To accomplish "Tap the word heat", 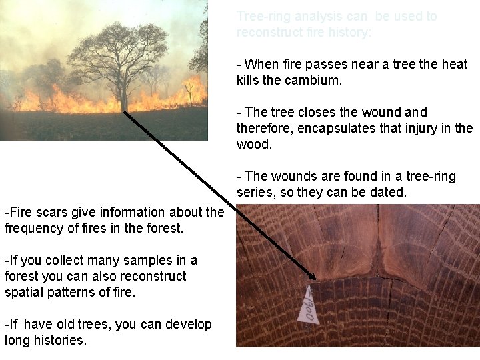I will (453, 64).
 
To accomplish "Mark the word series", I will (254, 192).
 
